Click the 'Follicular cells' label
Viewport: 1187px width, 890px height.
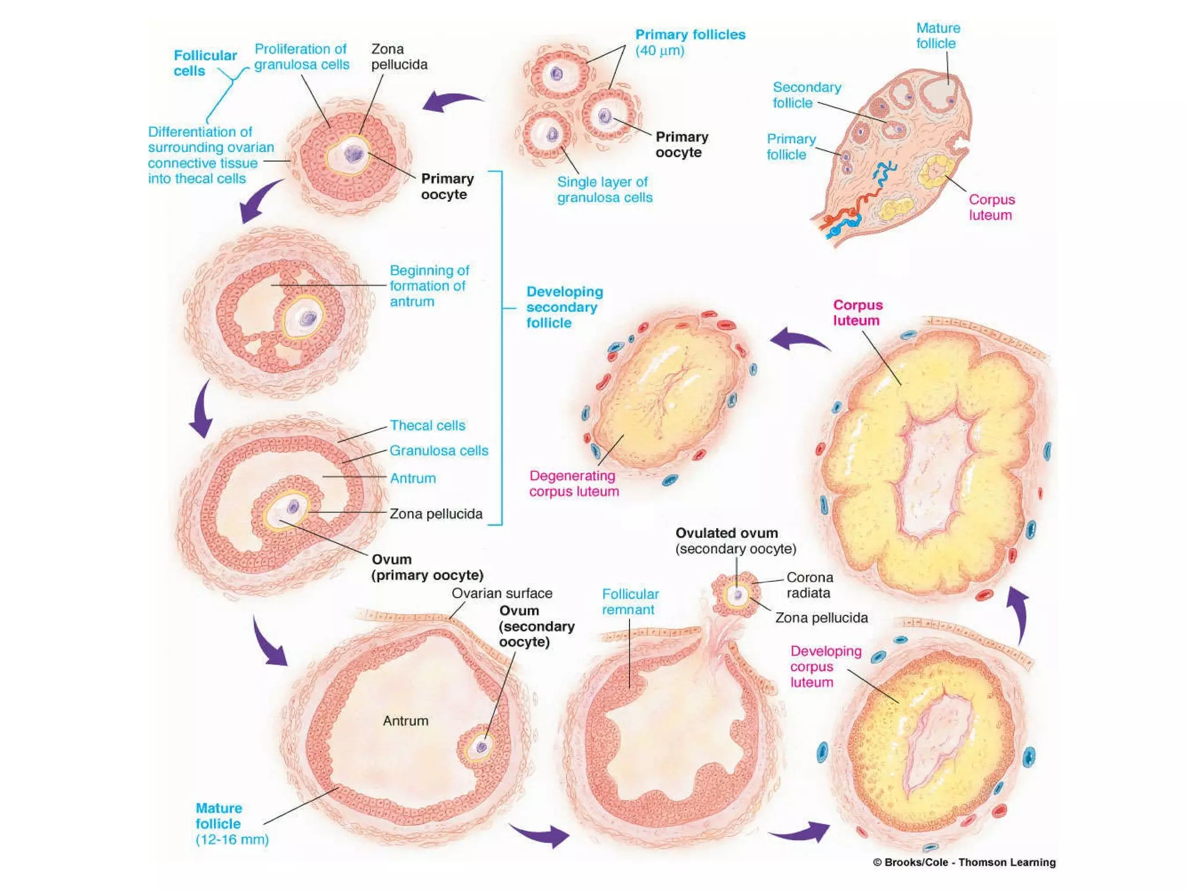(205, 63)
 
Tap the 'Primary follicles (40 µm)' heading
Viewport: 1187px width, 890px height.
(690, 42)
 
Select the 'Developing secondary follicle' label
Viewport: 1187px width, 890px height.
(564, 307)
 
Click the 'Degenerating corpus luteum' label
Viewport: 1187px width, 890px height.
(574, 483)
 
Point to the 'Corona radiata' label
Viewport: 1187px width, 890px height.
(809, 585)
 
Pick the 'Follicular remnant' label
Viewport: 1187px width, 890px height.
(630, 601)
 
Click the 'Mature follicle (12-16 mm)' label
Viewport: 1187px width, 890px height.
(231, 823)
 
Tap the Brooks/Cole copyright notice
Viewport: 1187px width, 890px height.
(964, 862)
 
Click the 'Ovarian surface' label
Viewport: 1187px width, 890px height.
(502, 593)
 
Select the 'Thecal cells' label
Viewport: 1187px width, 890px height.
(427, 425)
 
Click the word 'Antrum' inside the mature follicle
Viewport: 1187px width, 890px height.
(406, 721)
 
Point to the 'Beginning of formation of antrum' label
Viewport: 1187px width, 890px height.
(429, 286)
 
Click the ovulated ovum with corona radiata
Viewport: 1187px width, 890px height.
(737, 594)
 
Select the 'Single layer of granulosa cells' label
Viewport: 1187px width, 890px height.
(605, 189)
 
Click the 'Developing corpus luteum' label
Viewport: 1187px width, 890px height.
(825, 666)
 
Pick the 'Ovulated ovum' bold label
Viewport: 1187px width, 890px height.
(727, 533)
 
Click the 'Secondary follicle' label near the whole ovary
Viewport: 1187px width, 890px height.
(806, 95)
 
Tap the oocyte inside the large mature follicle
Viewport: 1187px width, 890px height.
(480, 747)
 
